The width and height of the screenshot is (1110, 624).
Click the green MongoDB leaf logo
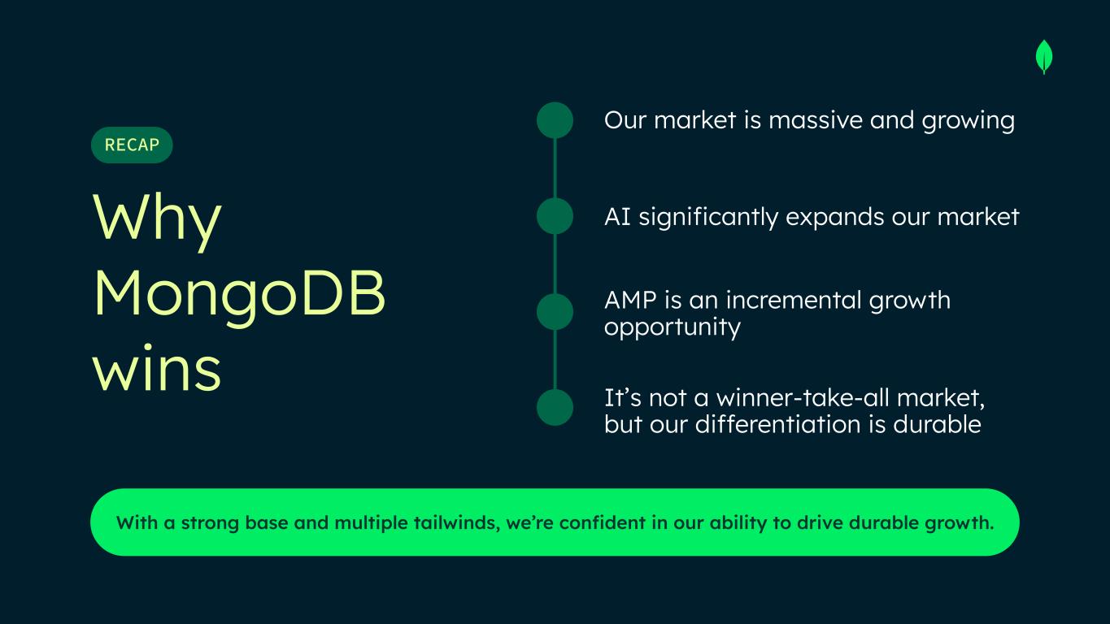[x=1044, y=57]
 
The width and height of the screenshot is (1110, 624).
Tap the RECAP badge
[x=132, y=145]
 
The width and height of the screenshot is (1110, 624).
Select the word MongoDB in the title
[x=239, y=294]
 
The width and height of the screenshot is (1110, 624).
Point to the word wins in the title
[x=157, y=368]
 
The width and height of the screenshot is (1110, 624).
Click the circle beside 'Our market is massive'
[x=555, y=120]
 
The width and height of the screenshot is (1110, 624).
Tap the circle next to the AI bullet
[x=555, y=216]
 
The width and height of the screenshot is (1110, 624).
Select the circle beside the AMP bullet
[x=555, y=311]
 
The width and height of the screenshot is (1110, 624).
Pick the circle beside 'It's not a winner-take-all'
[x=555, y=407]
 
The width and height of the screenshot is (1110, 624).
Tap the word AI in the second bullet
[x=617, y=217]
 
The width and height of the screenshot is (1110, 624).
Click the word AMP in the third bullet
[x=631, y=300]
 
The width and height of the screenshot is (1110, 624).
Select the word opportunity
[x=673, y=328]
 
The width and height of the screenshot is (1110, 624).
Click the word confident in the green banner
[x=603, y=522]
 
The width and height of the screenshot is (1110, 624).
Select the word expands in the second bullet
[x=835, y=218]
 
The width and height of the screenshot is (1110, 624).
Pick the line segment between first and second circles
[x=555, y=168]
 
